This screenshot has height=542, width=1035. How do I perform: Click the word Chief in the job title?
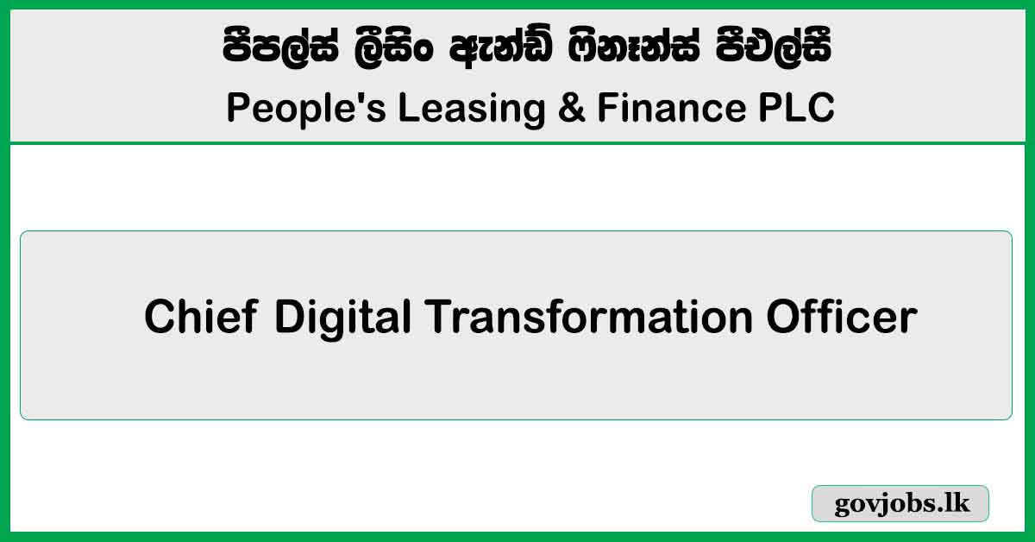(x=200, y=318)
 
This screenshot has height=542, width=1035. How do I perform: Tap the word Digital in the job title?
(x=343, y=318)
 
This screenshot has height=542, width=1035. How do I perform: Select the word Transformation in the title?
(x=589, y=318)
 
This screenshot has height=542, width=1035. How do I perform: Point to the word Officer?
(x=841, y=318)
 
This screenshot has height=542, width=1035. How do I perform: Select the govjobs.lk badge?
(x=900, y=504)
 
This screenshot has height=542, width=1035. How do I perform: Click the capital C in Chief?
(x=160, y=318)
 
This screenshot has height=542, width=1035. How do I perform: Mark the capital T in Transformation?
(x=438, y=318)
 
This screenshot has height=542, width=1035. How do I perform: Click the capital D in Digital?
(x=291, y=318)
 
